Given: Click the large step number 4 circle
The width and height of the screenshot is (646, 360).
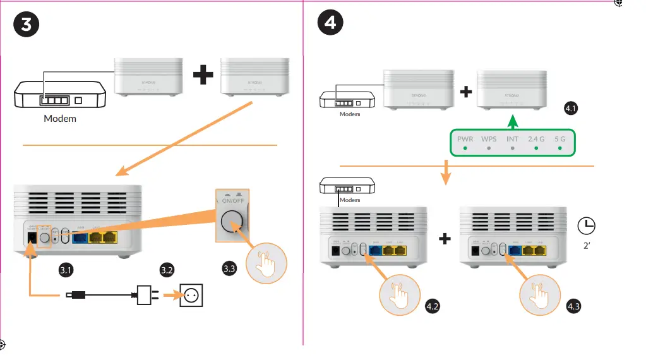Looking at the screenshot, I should [x=330, y=23].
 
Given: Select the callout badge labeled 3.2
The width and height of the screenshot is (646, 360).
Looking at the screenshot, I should [x=167, y=270].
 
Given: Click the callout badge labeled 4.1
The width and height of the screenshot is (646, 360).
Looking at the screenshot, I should [x=571, y=109].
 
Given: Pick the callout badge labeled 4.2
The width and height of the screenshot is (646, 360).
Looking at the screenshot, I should [x=433, y=307].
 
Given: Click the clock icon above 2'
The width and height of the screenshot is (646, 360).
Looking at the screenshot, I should [x=587, y=225].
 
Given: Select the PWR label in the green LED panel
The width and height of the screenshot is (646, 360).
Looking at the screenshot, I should [x=465, y=138].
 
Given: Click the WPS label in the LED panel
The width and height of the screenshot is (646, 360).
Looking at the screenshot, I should [x=489, y=138].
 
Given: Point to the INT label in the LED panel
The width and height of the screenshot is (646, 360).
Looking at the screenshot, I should [x=513, y=138].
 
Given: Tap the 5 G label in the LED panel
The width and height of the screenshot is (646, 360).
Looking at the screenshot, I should [x=559, y=138].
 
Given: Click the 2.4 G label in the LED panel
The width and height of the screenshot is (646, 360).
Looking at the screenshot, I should [x=536, y=138].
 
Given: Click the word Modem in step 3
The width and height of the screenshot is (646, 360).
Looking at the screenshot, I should [x=60, y=119].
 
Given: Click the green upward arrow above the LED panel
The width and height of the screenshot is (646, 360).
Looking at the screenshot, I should [x=513, y=119].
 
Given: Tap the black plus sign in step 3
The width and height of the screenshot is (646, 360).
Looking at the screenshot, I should [x=203, y=76].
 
